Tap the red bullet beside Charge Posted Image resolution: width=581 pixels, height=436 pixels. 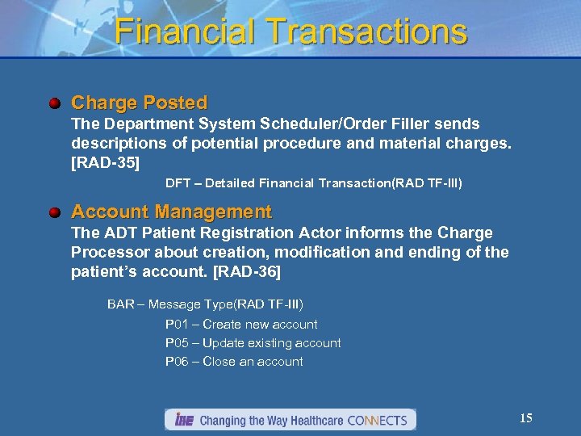click(x=53, y=103)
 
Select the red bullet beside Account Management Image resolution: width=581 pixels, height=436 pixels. click(x=53, y=212)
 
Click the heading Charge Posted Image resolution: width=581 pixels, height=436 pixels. click(x=139, y=103)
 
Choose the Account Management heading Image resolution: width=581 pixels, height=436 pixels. click(x=171, y=212)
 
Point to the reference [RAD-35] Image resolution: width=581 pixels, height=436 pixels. click(x=106, y=163)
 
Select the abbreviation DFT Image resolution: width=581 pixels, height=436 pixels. click(x=178, y=183)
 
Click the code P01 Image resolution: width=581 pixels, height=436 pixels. click(x=177, y=325)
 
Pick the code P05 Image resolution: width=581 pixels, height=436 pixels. click(x=177, y=343)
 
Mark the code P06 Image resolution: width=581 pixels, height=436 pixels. click(x=177, y=362)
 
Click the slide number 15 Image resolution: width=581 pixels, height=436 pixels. click(x=525, y=418)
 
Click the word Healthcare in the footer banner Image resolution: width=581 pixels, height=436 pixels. click(x=310, y=421)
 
